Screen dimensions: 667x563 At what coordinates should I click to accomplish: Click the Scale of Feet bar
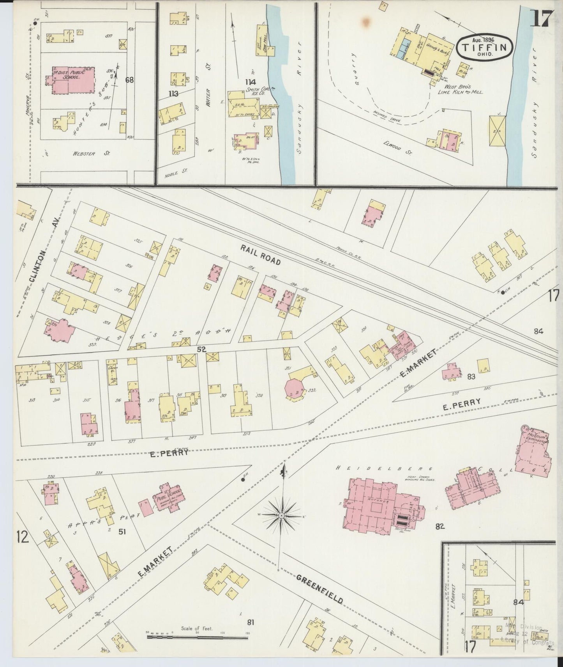tap(198, 638)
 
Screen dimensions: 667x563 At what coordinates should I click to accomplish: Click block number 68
tap(129, 80)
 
